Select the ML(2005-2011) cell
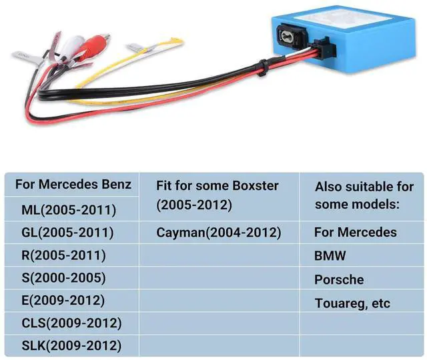[69, 210]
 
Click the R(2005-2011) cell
[63, 255]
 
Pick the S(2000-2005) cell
[63, 278]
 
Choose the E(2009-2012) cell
[64, 301]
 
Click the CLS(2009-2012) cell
[71, 323]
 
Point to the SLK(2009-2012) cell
[71, 346]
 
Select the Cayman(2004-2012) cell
[219, 233]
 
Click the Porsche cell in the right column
[340, 279]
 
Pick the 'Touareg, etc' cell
[352, 303]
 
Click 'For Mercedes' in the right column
[356, 233]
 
